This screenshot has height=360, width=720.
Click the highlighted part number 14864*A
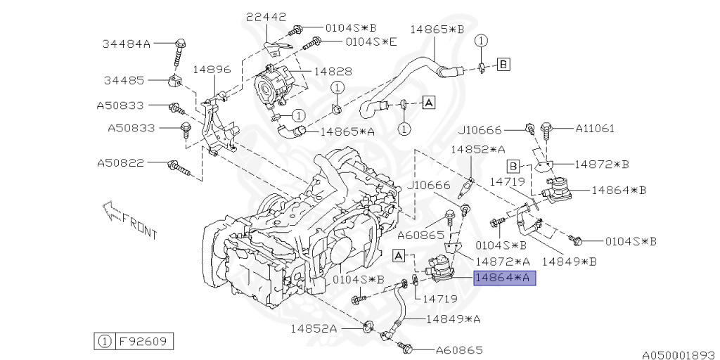tap(505, 278)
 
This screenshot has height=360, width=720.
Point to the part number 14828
tap(333, 72)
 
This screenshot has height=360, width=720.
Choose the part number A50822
tap(120, 163)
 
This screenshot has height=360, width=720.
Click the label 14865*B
tap(437, 30)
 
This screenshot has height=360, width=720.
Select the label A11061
tap(595, 128)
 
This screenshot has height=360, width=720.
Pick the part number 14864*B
tap(619, 190)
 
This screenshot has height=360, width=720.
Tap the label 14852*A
tap(478, 149)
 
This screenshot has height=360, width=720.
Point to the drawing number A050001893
tap(679, 354)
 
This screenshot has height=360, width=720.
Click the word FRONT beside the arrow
tap(139, 227)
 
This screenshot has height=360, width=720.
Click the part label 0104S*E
tap(371, 41)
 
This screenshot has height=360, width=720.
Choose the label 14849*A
tap(453, 319)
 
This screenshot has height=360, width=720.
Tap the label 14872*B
tap(601, 163)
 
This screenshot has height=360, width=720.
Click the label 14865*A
tap(347, 131)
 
